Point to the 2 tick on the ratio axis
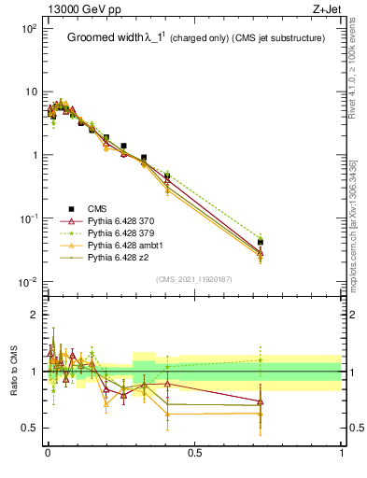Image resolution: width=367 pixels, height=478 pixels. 35,315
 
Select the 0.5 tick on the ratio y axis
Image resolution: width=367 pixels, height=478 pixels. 30,428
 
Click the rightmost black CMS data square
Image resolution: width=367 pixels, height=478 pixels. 261,242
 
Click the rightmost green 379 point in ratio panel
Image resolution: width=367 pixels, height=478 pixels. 261,360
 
